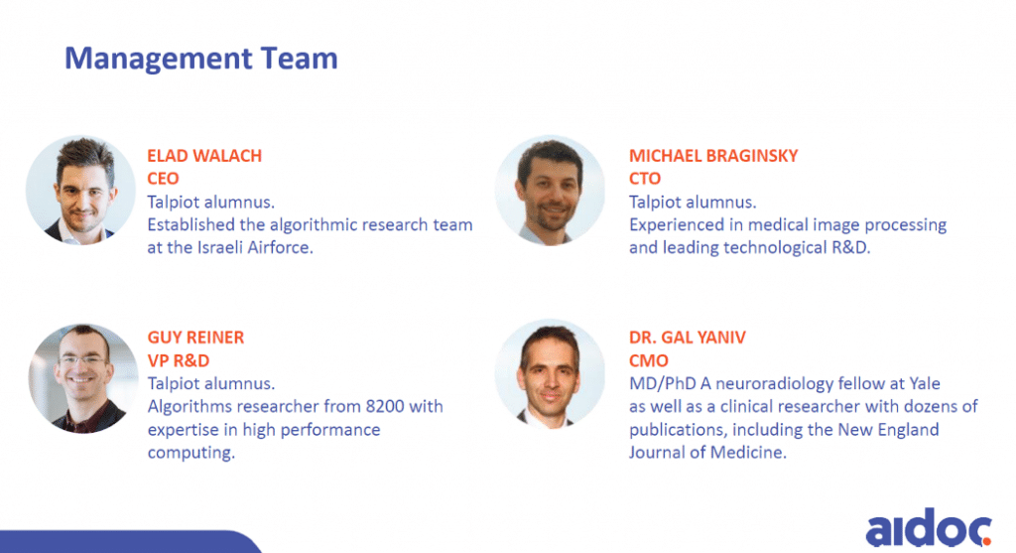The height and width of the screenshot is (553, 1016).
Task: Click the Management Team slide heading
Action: tap(201, 59)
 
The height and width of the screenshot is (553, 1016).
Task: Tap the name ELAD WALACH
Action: tap(204, 156)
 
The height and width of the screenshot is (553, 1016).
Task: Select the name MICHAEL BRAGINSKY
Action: tap(713, 156)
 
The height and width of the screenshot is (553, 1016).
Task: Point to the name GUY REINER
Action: tap(195, 338)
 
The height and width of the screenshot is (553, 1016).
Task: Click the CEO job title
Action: tap(164, 179)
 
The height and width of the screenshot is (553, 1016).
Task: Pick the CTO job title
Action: tap(646, 179)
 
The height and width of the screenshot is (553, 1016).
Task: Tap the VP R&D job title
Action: tap(180, 360)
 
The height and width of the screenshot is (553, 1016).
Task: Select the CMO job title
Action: tap(649, 360)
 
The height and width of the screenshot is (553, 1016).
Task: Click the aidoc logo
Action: tap(929, 527)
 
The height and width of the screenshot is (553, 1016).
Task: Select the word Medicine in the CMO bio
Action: tap(754, 453)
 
